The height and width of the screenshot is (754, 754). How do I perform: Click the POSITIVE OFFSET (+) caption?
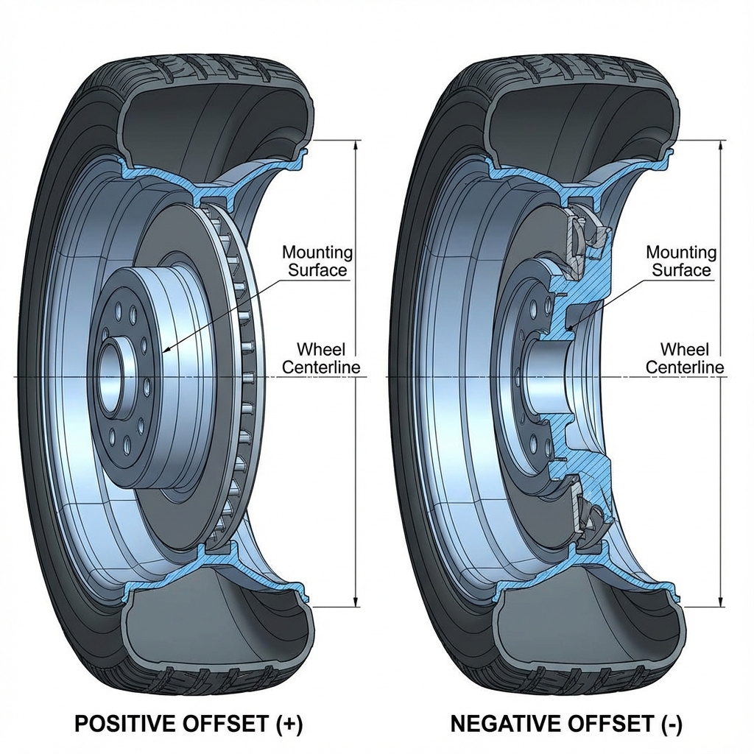point(188,724)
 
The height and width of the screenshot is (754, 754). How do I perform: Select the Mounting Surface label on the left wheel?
point(317,261)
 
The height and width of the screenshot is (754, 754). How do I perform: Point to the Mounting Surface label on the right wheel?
point(681,261)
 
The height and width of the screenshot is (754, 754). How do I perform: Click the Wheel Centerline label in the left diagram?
point(320,357)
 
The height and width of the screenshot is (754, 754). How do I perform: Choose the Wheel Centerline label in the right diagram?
point(684,357)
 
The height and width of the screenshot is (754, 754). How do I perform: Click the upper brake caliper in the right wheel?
point(589,232)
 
